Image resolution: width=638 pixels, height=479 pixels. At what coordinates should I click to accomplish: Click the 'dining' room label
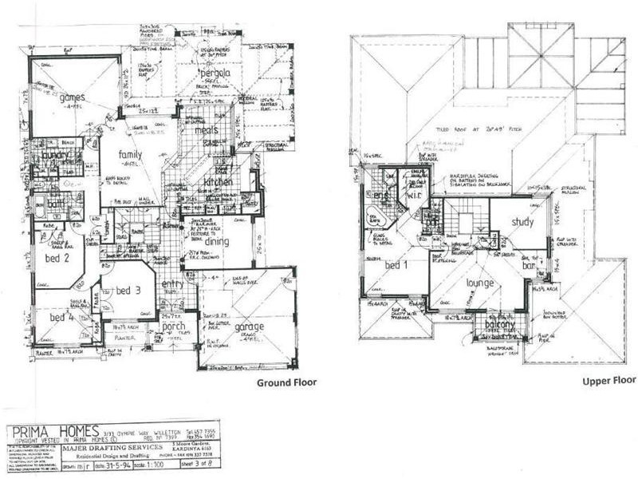(216, 241)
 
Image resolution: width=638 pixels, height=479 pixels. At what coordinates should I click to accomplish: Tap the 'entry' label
(172, 285)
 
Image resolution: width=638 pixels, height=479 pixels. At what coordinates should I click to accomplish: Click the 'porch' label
(174, 326)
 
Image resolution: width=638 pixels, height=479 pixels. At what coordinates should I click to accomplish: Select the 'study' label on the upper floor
(522, 222)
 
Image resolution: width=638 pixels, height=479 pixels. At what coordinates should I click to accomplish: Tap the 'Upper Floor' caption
(608, 382)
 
